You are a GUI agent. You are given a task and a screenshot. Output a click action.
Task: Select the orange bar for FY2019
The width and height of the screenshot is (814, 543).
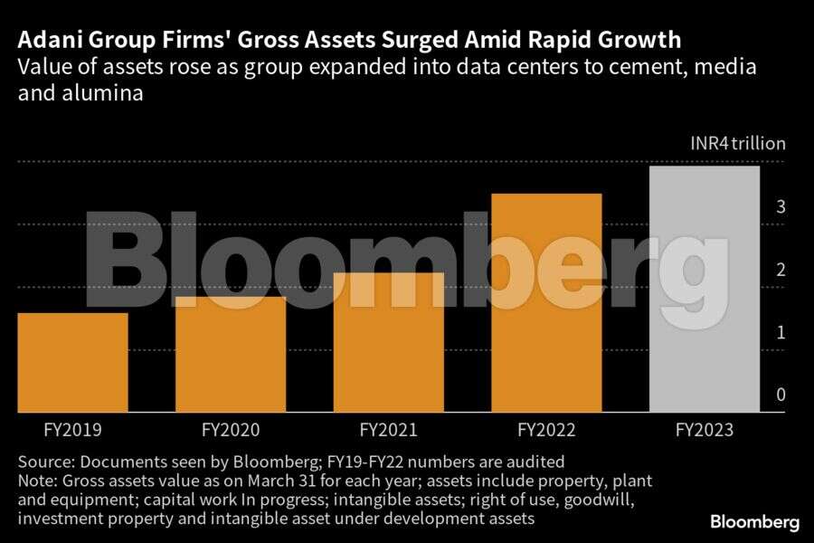(x=72, y=362)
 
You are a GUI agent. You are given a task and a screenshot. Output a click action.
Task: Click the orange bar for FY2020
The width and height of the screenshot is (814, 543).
(x=230, y=354)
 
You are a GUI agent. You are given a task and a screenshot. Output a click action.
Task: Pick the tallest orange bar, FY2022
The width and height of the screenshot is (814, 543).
(x=546, y=302)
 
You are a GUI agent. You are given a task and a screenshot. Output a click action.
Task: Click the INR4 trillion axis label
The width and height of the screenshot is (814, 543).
(x=738, y=143)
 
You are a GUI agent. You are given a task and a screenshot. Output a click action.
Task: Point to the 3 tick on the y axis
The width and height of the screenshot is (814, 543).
(x=781, y=206)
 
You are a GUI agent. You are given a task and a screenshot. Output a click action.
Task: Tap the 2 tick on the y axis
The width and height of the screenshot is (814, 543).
(x=781, y=270)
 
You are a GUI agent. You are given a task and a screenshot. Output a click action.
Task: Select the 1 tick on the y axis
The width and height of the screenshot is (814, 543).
(x=781, y=332)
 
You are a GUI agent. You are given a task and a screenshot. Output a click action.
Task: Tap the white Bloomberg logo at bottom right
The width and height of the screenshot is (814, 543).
(x=754, y=522)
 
